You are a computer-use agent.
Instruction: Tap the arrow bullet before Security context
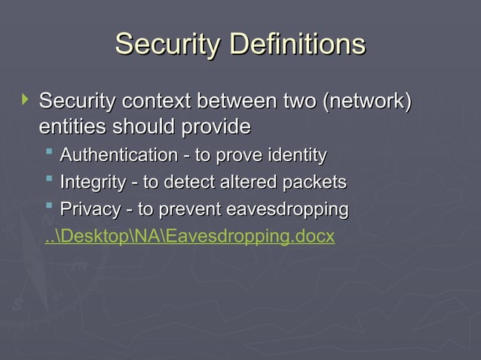coord(25,98)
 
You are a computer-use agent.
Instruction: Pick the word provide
coord(213,126)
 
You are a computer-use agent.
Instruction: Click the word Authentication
coord(118,156)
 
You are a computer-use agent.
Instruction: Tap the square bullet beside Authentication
coord(49,154)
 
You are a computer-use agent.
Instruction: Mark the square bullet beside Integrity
coord(49,181)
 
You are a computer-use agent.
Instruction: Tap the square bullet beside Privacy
coord(49,207)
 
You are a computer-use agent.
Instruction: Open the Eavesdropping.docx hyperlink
coord(189,237)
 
